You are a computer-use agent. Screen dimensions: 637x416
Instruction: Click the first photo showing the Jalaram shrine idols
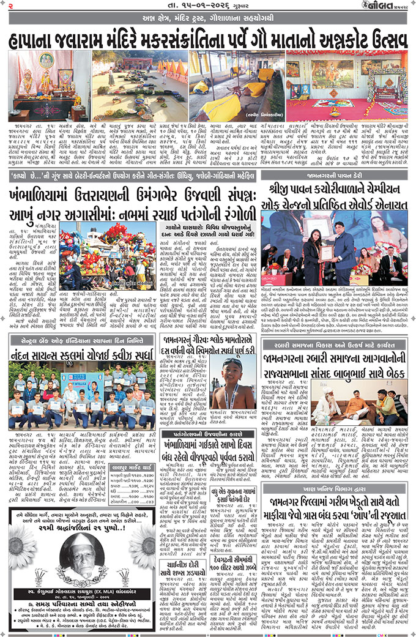48,85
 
